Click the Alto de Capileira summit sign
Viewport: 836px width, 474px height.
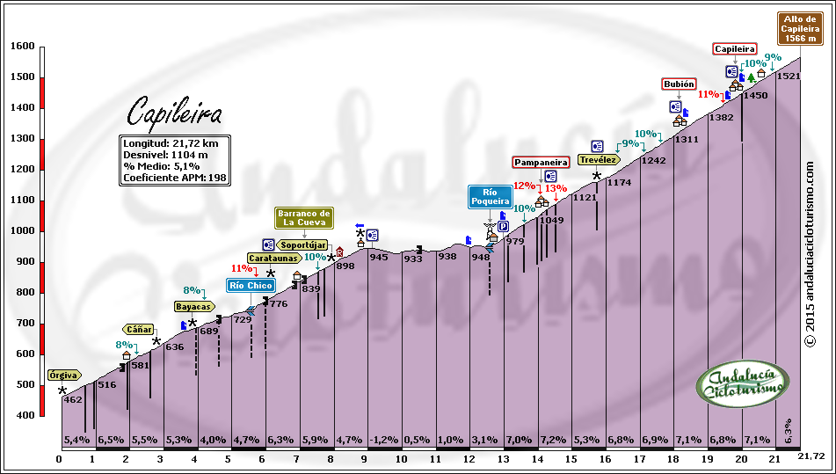click(x=799, y=28)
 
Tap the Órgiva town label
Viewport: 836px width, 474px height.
click(x=63, y=375)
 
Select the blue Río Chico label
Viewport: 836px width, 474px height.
click(x=251, y=284)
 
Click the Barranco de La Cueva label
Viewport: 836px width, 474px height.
click(x=304, y=217)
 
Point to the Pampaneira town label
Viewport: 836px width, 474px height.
click(x=541, y=162)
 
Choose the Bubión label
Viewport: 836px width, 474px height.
click(x=679, y=84)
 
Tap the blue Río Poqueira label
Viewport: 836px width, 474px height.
click(x=490, y=196)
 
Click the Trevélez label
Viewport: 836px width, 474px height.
click(x=597, y=159)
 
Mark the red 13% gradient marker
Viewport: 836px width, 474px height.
click(x=556, y=187)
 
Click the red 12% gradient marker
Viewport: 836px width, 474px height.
click(x=524, y=186)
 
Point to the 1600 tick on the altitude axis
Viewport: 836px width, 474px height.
click(x=23, y=47)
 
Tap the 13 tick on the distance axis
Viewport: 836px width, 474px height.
click(x=503, y=458)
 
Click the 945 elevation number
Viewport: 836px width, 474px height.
click(x=379, y=257)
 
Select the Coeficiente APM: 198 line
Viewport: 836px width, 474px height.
click(x=176, y=178)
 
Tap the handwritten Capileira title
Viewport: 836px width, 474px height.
click(x=174, y=113)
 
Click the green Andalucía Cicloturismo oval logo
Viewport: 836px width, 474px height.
click(x=743, y=384)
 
